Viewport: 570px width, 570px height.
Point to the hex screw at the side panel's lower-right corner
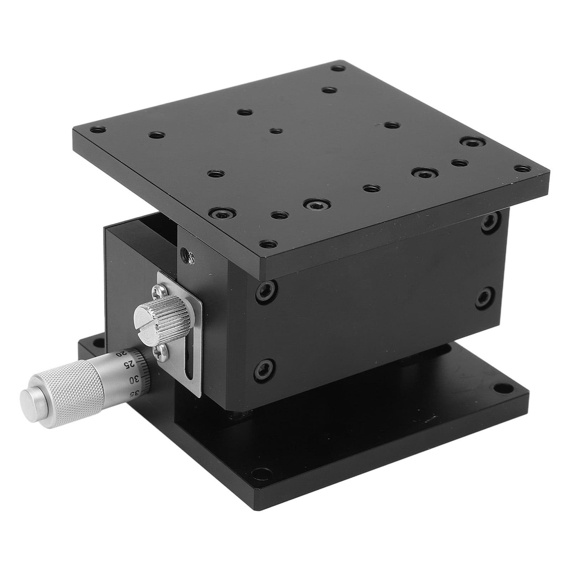click(484, 298)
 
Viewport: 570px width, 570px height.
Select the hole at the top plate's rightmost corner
click(522, 168)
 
